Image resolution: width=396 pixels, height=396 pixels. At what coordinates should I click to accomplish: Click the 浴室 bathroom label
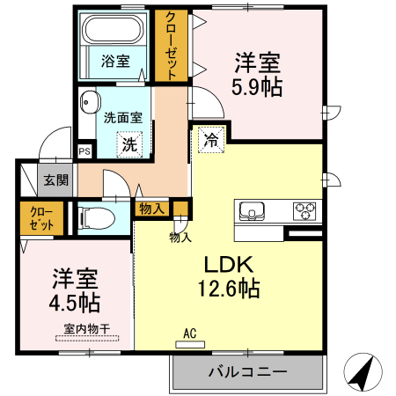114,62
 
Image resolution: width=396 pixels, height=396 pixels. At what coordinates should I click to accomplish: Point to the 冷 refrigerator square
212,139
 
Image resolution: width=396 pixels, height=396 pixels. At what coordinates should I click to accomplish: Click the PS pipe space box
84,151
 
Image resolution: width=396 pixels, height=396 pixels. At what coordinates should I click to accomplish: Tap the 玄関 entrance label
55,181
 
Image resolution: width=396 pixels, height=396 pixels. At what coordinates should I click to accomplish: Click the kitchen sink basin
253,212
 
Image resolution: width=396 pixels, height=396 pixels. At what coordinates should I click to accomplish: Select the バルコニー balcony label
247,371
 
